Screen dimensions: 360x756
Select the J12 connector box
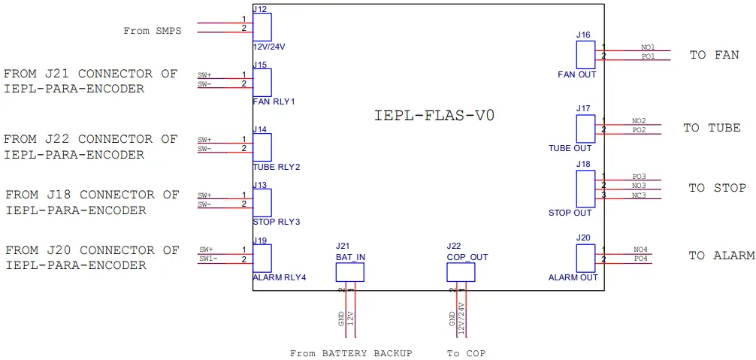point(262,27)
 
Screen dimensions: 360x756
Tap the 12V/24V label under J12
point(269,47)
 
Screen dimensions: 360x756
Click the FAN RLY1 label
point(274,101)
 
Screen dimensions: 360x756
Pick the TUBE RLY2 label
point(277,166)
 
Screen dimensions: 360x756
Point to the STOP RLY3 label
point(277,222)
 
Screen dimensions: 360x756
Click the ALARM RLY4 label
point(280,277)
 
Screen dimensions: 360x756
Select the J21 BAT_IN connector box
point(349,272)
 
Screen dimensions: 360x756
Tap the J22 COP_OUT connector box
point(461,272)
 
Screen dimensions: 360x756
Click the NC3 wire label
point(639,195)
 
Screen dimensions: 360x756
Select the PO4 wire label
point(640,259)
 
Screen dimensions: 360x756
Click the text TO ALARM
point(721,256)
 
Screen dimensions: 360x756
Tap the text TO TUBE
point(712,128)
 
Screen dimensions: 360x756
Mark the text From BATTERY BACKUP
point(351,353)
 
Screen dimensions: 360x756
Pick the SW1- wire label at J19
point(208,259)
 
